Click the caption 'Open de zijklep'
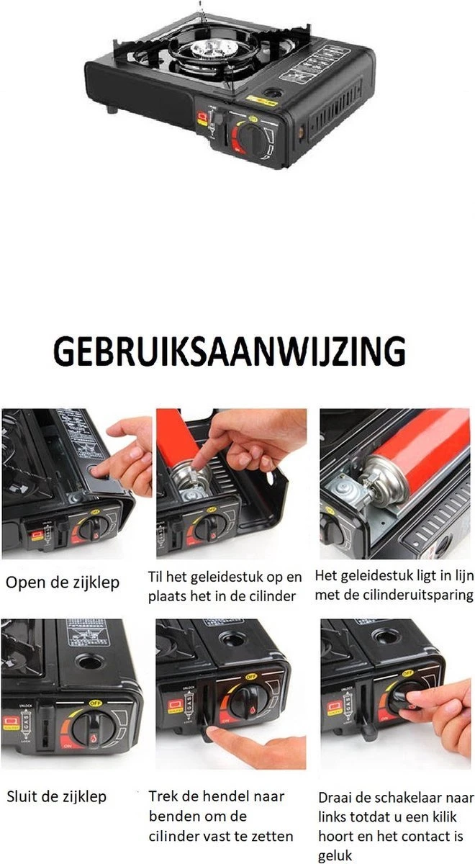point(63,582)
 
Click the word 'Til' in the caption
point(156,577)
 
